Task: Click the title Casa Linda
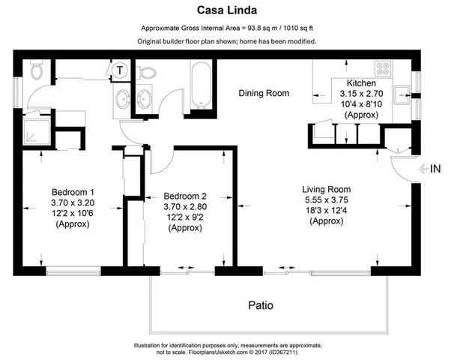point(226,10)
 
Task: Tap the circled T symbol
point(120,70)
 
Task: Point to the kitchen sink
point(402,94)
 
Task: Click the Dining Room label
point(264,94)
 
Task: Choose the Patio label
point(261,306)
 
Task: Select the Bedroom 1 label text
point(71,190)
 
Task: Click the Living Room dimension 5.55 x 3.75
point(327,200)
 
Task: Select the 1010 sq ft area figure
point(292,28)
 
